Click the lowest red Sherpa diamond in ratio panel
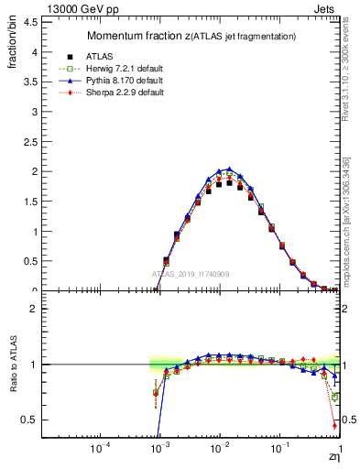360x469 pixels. pyautogui.click(x=334, y=426)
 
